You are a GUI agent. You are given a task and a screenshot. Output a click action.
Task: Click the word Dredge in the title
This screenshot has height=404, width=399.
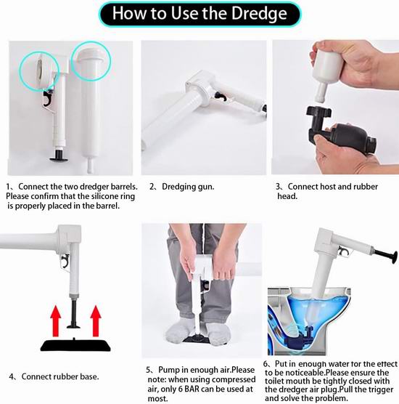(259, 14)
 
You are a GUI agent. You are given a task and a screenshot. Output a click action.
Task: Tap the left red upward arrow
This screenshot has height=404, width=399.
(57, 320)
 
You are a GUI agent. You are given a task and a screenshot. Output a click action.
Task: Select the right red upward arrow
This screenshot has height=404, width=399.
(96, 320)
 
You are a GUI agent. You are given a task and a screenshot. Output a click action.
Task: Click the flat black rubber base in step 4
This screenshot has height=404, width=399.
(75, 344)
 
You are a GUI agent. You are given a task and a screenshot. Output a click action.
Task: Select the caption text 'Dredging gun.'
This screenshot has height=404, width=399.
(188, 187)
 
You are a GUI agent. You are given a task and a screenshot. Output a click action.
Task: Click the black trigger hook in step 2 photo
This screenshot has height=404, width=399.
(221, 96)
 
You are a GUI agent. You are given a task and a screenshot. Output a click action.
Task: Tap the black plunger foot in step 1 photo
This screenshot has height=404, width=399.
(59, 156)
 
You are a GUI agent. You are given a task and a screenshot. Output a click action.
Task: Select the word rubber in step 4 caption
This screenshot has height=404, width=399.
(65, 376)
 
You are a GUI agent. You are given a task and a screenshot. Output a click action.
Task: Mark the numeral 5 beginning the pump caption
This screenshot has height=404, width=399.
(149, 371)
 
